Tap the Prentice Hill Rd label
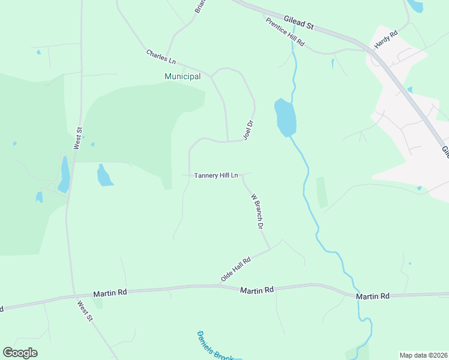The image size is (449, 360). tap(286, 32)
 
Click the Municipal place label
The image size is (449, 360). tap(182, 76)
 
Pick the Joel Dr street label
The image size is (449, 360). tap(249, 130)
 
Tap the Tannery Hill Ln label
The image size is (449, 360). tap(216, 175)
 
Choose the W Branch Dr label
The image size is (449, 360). tap(258, 212)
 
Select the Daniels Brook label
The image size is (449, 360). tap(214, 346)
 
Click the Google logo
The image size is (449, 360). tap(20, 353)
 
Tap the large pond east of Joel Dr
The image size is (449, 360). tap(285, 117)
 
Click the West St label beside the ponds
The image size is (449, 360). tap(77, 137)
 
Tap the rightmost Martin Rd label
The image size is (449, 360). tap(372, 296)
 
